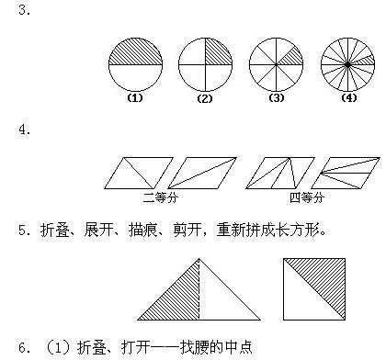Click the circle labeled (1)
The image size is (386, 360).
point(135,64)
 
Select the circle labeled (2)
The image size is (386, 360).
point(205,64)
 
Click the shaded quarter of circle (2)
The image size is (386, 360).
point(216,53)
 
